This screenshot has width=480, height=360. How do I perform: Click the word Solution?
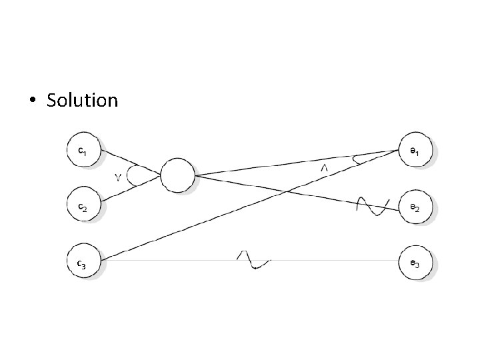82,101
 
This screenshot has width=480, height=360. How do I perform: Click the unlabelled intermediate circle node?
177,175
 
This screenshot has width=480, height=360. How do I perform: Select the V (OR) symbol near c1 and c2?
119,177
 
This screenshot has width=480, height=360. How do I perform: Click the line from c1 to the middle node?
127,161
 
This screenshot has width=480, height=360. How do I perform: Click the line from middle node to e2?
280,190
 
